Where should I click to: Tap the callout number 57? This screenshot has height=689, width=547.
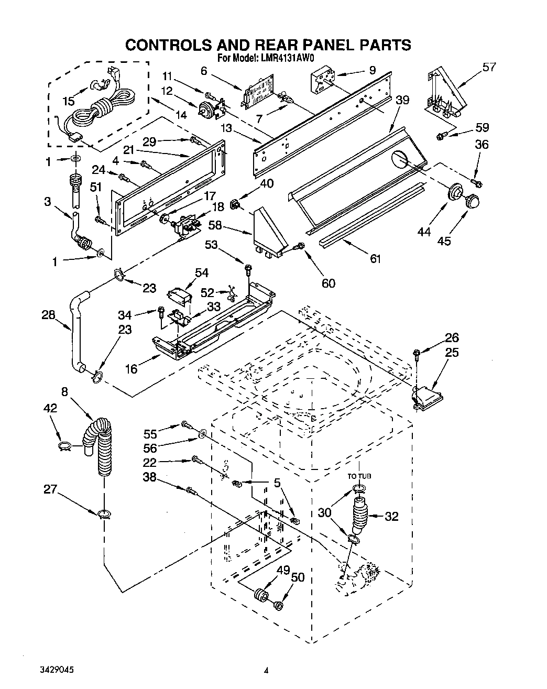click(x=489, y=67)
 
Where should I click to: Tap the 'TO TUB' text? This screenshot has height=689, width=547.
click(x=359, y=476)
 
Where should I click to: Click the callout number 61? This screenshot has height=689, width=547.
click(x=375, y=258)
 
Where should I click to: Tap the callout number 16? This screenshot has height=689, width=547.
click(x=132, y=369)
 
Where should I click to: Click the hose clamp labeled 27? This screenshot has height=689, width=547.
click(x=104, y=513)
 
